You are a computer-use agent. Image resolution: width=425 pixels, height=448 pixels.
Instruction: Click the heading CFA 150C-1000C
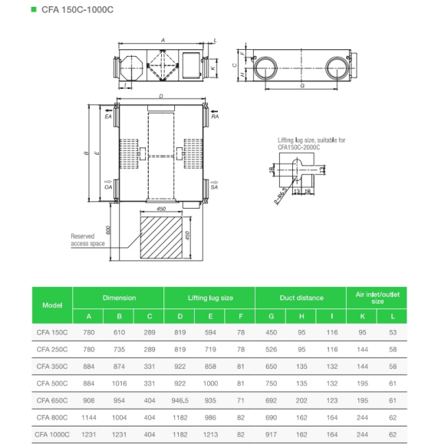[77, 10]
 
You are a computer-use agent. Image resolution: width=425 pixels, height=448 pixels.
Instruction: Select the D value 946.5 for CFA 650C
[180, 400]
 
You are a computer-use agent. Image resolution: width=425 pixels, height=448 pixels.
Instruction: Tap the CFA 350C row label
[52, 366]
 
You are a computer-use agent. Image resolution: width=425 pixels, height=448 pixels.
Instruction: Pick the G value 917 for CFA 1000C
[271, 434]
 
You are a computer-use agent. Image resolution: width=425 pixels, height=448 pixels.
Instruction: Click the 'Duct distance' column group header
[301, 298]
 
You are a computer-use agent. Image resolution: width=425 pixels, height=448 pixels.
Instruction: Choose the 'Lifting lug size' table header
[210, 298]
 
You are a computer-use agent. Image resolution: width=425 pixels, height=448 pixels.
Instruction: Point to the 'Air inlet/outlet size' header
[377, 298]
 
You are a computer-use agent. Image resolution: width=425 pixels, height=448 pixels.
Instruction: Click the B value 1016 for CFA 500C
[119, 384]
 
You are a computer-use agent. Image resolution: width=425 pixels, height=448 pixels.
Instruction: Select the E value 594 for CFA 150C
[210, 332]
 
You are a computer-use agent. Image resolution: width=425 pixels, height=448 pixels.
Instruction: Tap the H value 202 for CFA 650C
[301, 400]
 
